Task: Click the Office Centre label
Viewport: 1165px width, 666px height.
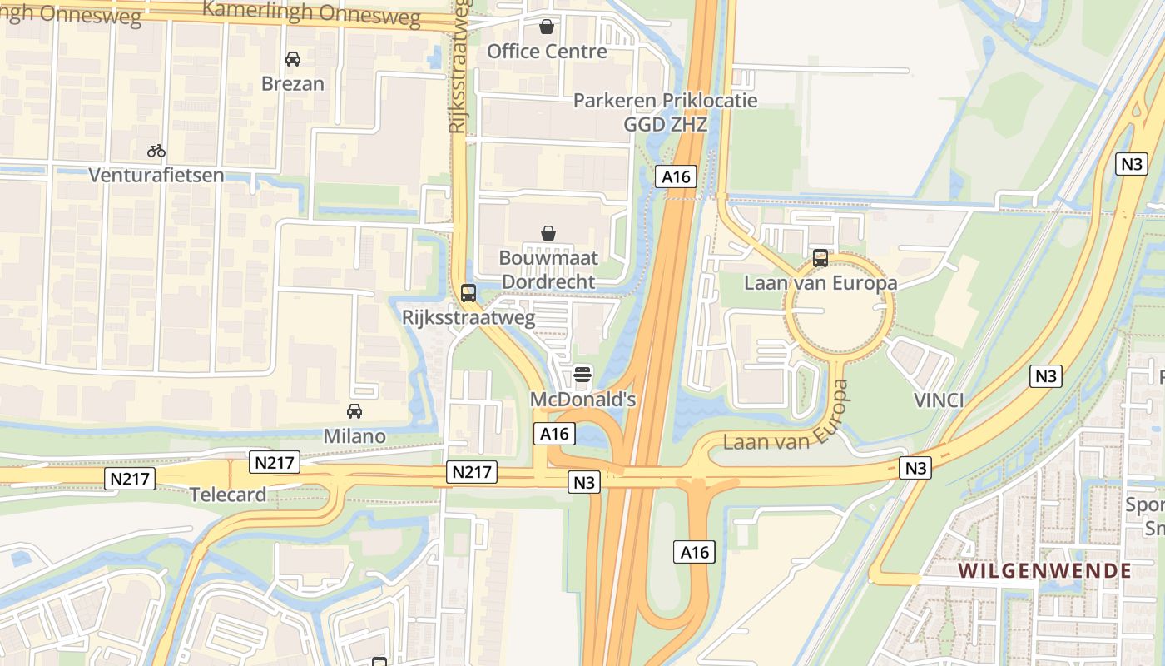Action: click(547, 52)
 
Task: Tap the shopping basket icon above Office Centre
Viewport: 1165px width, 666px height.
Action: click(547, 27)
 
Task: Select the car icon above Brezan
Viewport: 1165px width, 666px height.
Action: click(293, 59)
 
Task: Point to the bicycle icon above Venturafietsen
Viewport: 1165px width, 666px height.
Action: click(156, 151)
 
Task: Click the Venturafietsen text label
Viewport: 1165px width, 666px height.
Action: click(156, 175)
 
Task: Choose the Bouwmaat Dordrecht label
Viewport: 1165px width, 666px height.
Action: click(548, 270)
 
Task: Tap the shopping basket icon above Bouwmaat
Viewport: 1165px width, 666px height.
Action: click(548, 233)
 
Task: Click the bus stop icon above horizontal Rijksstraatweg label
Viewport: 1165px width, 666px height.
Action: click(468, 293)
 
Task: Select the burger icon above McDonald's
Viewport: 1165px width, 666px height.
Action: click(582, 375)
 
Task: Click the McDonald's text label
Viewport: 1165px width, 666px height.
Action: click(582, 400)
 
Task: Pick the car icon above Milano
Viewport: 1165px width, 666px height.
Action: click(354, 411)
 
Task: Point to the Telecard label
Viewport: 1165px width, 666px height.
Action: click(228, 495)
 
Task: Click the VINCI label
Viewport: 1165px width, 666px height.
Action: click(939, 400)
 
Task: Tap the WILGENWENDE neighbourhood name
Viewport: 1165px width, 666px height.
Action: click(1044, 571)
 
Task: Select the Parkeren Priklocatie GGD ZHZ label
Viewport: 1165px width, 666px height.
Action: click(666, 112)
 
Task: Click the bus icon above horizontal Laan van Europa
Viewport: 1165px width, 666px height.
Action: click(820, 258)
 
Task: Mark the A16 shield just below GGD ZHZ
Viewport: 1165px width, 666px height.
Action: click(676, 176)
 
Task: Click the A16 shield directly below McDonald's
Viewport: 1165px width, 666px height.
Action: click(554, 434)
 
